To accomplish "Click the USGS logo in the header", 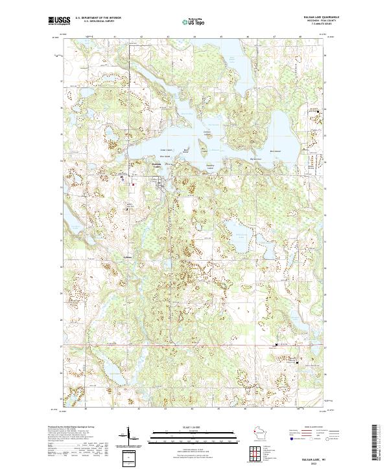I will coord(58,21).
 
